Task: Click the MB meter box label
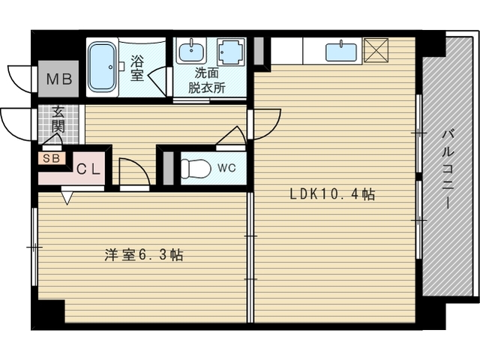(x=59, y=79)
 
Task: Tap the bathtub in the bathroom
(x=102, y=67)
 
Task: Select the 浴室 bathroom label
(x=136, y=68)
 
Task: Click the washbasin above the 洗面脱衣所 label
(x=190, y=52)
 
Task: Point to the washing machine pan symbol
(x=231, y=52)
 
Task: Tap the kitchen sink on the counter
(x=341, y=52)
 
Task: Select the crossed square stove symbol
(x=376, y=50)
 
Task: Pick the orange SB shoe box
(x=52, y=158)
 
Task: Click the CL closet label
(x=88, y=169)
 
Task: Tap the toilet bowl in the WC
(x=196, y=168)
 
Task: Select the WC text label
(x=226, y=168)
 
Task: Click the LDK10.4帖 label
(x=332, y=194)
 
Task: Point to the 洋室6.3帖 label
(x=144, y=255)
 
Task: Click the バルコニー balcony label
(x=448, y=170)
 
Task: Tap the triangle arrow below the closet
(x=67, y=198)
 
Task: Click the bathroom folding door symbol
(x=158, y=82)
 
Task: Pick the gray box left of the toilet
(x=168, y=168)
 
